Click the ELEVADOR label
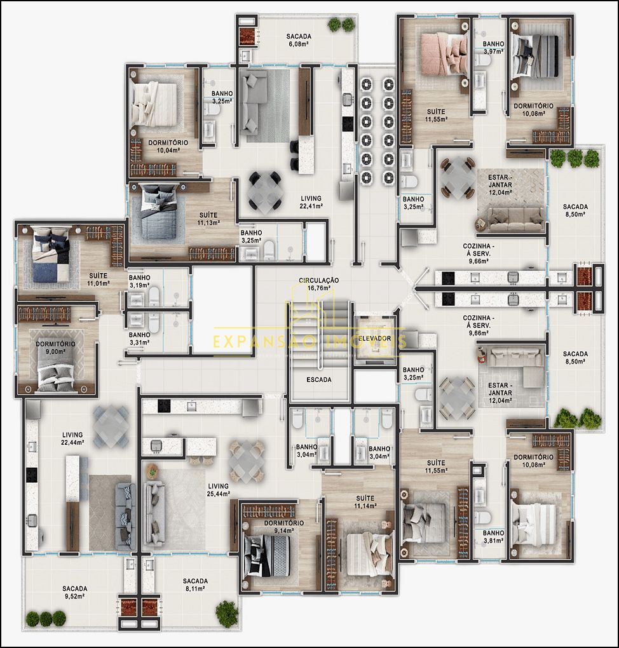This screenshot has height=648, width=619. (374, 338)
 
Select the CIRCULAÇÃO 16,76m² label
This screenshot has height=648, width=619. (319, 283)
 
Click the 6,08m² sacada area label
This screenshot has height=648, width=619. (298, 44)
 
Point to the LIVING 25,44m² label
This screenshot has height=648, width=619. (219, 489)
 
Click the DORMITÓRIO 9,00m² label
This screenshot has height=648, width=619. (55, 348)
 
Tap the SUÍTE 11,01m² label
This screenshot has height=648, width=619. (98, 279)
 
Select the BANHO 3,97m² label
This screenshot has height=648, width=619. (493, 48)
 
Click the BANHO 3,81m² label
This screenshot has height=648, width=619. (493, 537)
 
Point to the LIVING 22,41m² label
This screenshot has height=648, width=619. (311, 202)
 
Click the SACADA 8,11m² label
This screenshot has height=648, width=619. (195, 584)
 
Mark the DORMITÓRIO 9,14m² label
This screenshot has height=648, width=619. (283, 527)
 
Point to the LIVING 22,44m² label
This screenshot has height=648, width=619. (73, 438)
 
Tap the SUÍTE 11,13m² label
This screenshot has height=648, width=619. (208, 219)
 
